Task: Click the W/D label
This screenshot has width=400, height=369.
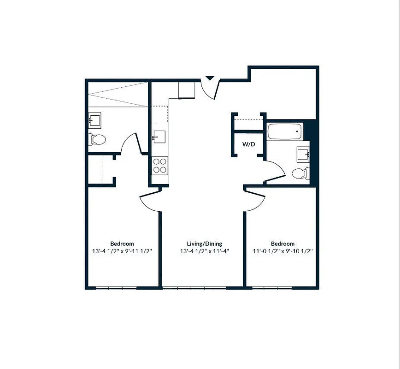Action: (249, 144)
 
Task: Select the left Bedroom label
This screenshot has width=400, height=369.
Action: (122, 244)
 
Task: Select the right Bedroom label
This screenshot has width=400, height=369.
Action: (282, 244)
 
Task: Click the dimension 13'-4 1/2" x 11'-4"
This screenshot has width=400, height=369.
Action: (202, 251)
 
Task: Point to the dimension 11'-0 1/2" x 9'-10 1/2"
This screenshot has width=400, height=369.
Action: (282, 251)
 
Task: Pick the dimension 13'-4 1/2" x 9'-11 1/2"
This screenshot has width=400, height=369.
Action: (122, 251)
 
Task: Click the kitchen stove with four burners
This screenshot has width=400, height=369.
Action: (160, 166)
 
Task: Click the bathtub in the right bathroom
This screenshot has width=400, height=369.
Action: (285, 131)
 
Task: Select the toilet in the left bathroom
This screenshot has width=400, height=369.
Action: (97, 139)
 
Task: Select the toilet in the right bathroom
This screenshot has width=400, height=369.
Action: (300, 173)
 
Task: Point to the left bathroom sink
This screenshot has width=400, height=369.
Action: (94, 121)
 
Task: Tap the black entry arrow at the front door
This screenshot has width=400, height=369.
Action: (210, 79)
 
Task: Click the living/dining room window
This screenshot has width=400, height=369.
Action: (194, 289)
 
